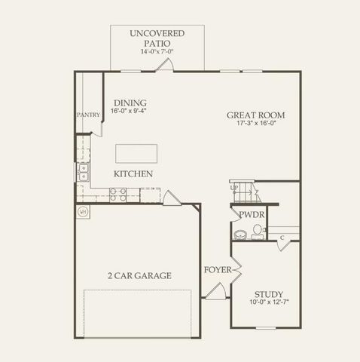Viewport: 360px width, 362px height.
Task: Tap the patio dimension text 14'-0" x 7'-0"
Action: click(157, 53)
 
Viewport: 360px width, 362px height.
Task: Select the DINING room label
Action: click(130, 103)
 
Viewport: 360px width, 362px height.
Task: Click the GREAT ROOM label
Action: click(256, 115)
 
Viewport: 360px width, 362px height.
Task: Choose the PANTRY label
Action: click(87, 115)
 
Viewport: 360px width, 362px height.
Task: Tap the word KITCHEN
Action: click(133, 174)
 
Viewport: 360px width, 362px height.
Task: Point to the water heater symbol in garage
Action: click(82, 212)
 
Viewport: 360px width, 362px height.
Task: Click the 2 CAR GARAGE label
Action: click(139, 276)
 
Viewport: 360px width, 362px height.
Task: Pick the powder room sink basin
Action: click(240, 235)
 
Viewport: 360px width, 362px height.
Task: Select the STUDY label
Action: click(268, 294)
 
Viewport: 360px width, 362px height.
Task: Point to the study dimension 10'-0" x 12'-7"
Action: click(268, 304)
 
